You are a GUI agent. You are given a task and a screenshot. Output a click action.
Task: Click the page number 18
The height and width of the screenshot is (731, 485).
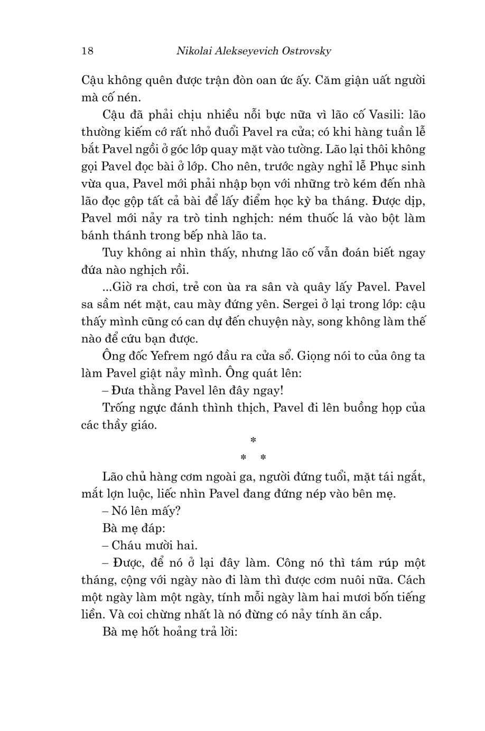pyautogui.click(x=88, y=51)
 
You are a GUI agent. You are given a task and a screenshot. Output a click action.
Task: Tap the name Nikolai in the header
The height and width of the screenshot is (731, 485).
pyautogui.click(x=185, y=51)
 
